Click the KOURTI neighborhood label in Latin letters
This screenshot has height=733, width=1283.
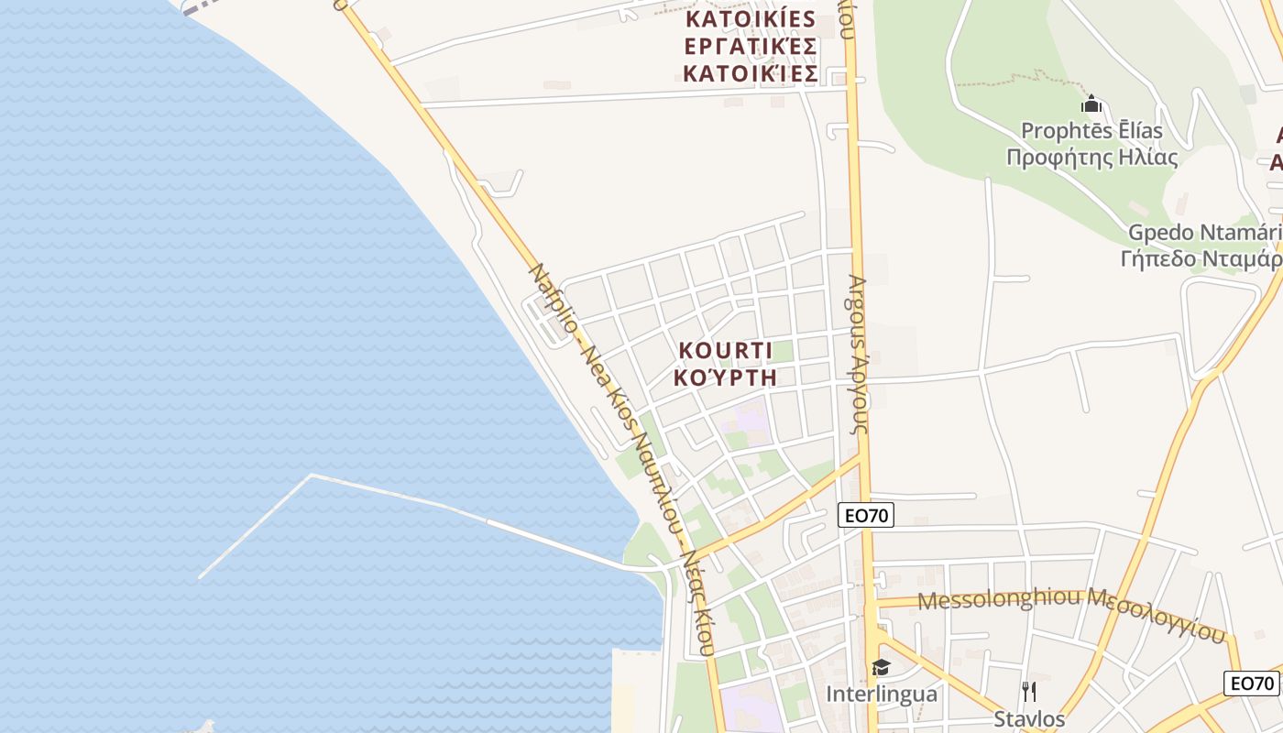click(x=725, y=351)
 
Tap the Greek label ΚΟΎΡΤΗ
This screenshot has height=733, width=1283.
click(x=725, y=377)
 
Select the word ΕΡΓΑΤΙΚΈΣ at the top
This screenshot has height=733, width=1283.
click(x=751, y=46)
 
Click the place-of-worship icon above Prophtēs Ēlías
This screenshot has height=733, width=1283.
click(x=1091, y=104)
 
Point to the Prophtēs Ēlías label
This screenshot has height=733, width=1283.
click(x=1091, y=131)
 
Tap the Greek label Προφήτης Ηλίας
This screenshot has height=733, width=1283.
click(x=1091, y=157)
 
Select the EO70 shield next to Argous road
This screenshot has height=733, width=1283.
click(x=866, y=515)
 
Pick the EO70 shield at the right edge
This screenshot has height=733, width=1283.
click(x=1252, y=683)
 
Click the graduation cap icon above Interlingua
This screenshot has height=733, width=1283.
click(x=881, y=667)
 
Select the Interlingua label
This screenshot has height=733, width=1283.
click(x=882, y=694)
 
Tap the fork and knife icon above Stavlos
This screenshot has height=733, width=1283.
click(x=1029, y=691)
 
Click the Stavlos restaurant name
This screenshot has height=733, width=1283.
click(x=1029, y=718)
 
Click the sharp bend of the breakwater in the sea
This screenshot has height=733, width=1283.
click(x=312, y=475)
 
